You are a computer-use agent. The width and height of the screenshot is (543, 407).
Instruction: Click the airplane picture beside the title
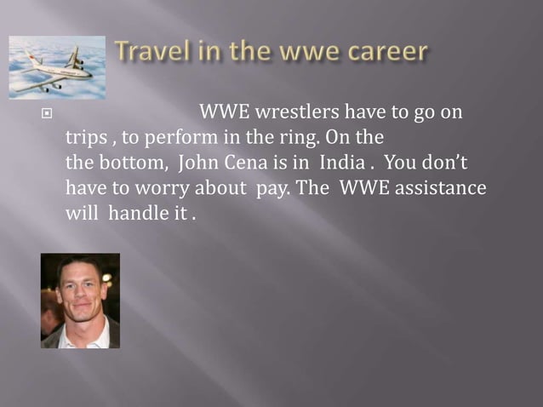tap(57, 67)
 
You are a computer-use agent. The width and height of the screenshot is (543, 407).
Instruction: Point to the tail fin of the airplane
tap(74, 55)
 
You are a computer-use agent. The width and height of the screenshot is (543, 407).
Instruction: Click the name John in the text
tap(197, 162)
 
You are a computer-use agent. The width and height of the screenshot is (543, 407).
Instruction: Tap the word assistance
tap(438, 186)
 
